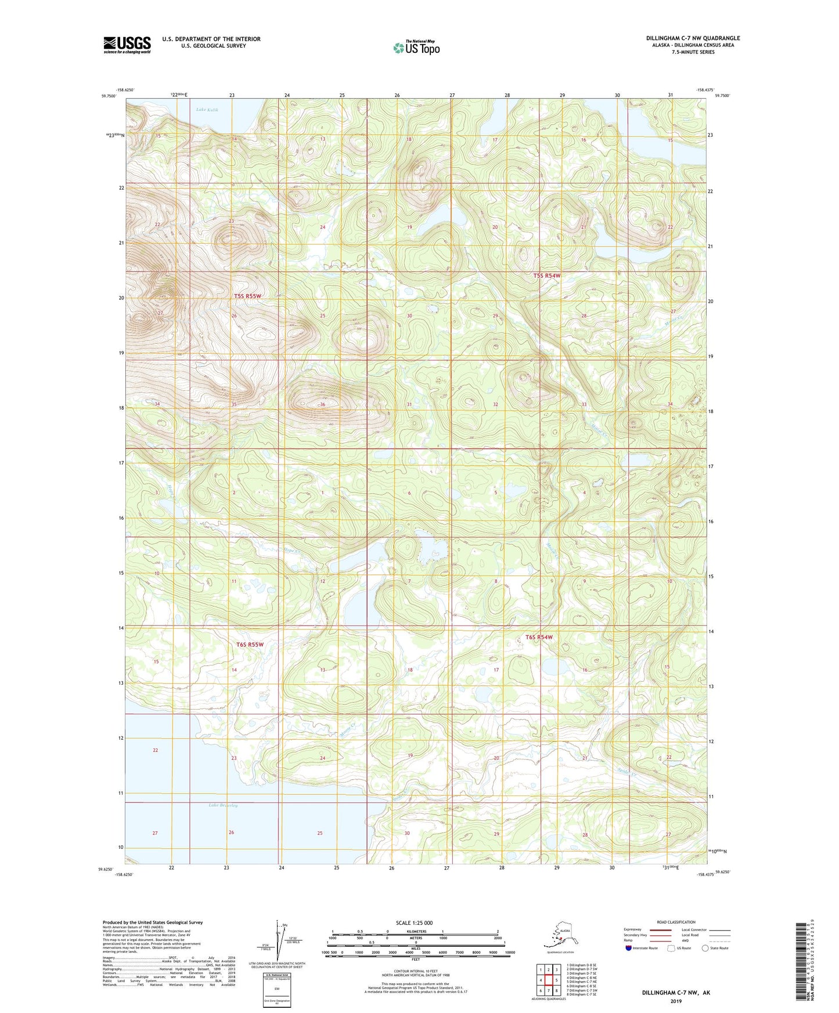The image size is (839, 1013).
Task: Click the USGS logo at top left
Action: click(x=127, y=45)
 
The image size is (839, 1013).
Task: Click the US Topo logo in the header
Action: click(x=416, y=48)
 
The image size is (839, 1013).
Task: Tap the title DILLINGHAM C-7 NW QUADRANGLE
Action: click(x=693, y=38)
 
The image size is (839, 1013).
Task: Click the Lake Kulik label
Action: click(x=207, y=110)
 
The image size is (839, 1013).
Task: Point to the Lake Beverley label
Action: click(x=224, y=805)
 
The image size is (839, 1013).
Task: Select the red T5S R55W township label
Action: click(x=248, y=296)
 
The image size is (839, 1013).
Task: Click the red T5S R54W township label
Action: click(x=547, y=276)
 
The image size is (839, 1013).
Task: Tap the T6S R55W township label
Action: click(x=250, y=645)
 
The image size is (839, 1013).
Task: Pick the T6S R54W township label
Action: click(x=539, y=637)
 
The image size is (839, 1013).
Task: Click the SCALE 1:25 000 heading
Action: click(x=414, y=922)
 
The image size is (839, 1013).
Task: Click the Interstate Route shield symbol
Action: click(x=629, y=948)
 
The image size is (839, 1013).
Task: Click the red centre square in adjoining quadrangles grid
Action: click(x=548, y=981)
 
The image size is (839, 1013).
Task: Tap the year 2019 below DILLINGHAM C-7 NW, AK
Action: click(x=676, y=1001)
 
